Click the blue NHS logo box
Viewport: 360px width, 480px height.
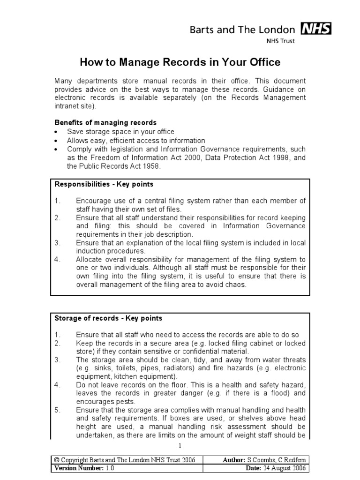coord(316,30)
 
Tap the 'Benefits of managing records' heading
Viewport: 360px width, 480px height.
coord(105,123)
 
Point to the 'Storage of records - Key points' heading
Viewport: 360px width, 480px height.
coord(108,318)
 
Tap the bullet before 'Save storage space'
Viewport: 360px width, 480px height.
coord(56,132)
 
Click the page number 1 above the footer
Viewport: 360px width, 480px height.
coord(180,445)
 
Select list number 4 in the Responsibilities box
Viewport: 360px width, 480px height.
coord(57,260)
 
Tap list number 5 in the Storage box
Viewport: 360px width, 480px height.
coord(57,410)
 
